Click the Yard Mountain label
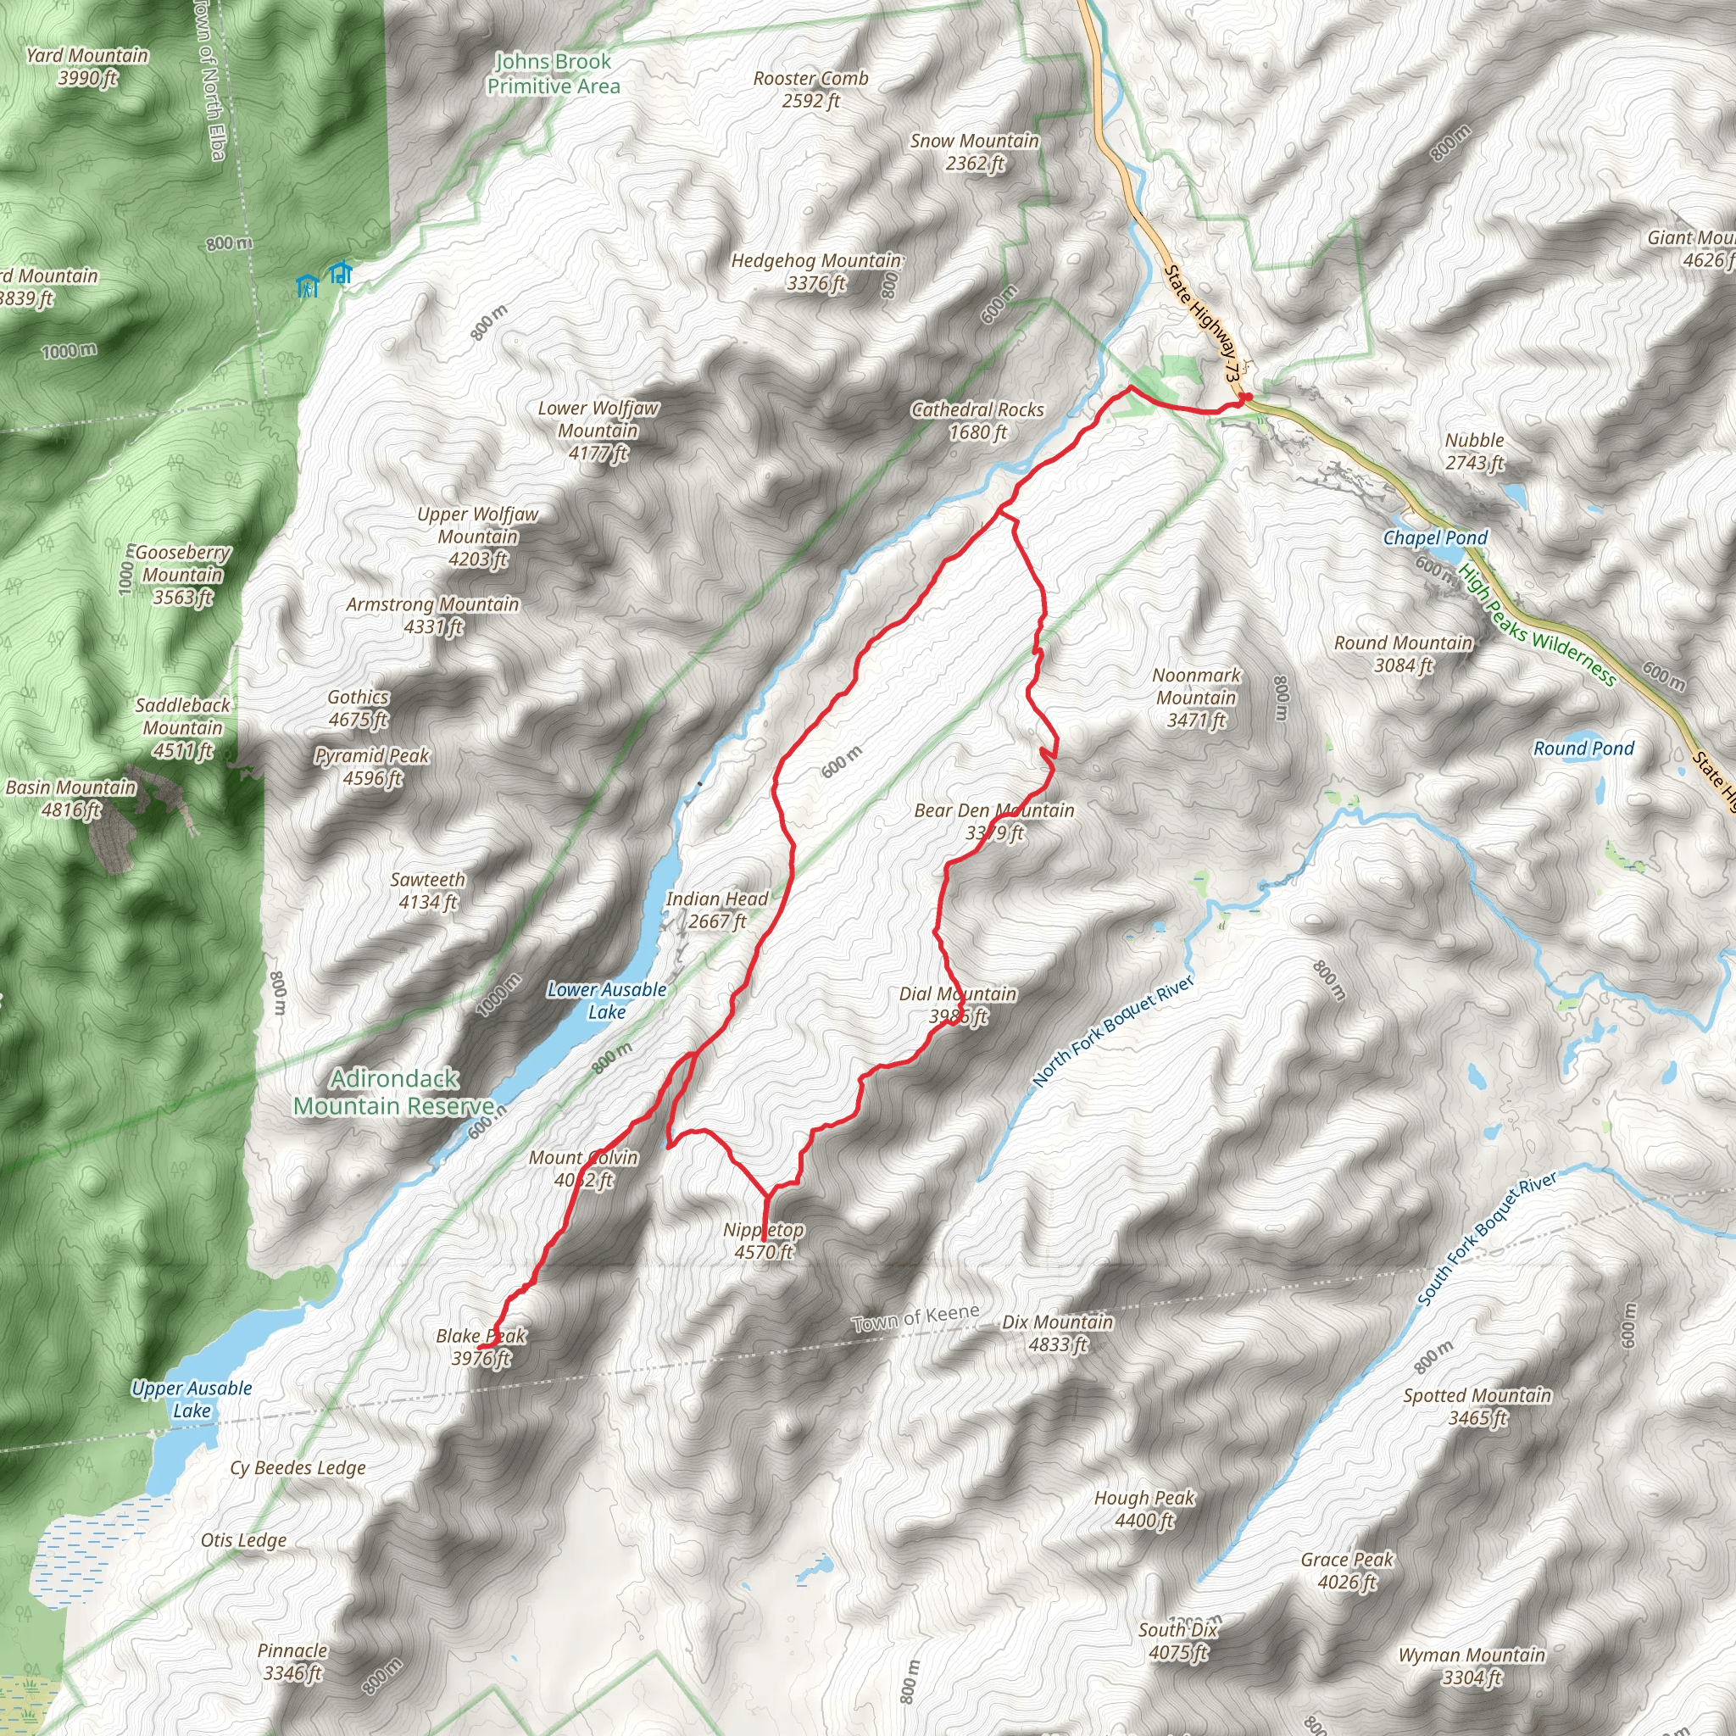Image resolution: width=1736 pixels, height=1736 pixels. [87, 66]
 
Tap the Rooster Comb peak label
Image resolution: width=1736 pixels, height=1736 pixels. [810, 89]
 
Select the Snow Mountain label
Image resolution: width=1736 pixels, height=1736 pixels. [974, 152]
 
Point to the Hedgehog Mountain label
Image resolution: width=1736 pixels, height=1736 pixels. [816, 271]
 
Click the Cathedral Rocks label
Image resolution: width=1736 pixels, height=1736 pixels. [977, 420]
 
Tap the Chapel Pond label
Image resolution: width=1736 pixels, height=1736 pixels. [1435, 537]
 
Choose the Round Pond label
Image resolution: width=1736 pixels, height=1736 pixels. [1583, 748]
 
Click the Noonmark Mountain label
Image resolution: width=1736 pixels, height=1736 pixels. [1196, 698]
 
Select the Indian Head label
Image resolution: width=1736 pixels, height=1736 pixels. [717, 910]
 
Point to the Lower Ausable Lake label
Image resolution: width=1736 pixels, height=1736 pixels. [607, 1000]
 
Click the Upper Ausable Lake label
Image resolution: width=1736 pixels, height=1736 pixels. [192, 1399]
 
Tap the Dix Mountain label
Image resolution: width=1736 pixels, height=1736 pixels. [1058, 1333]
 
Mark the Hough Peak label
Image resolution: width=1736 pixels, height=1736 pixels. [1143, 1509]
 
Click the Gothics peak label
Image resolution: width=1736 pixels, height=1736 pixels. [358, 708]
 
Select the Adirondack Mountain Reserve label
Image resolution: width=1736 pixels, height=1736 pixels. [394, 1092]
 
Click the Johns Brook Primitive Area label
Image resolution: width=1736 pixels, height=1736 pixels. [554, 74]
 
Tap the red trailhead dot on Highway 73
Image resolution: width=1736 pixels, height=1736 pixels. [1247, 398]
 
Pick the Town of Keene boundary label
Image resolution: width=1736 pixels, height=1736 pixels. [915, 1318]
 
